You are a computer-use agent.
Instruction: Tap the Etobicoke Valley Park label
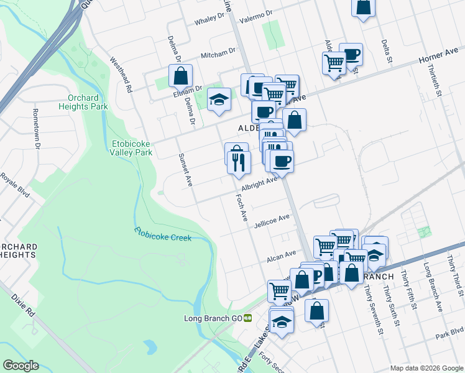[131, 147]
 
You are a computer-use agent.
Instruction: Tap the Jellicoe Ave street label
[272, 219]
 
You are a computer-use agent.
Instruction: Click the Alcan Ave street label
[281, 255]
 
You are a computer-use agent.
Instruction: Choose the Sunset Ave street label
[185, 170]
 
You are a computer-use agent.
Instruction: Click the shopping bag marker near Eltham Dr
[180, 76]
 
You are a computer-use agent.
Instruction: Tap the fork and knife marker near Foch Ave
[239, 162]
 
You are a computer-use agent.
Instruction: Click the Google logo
[21, 366]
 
